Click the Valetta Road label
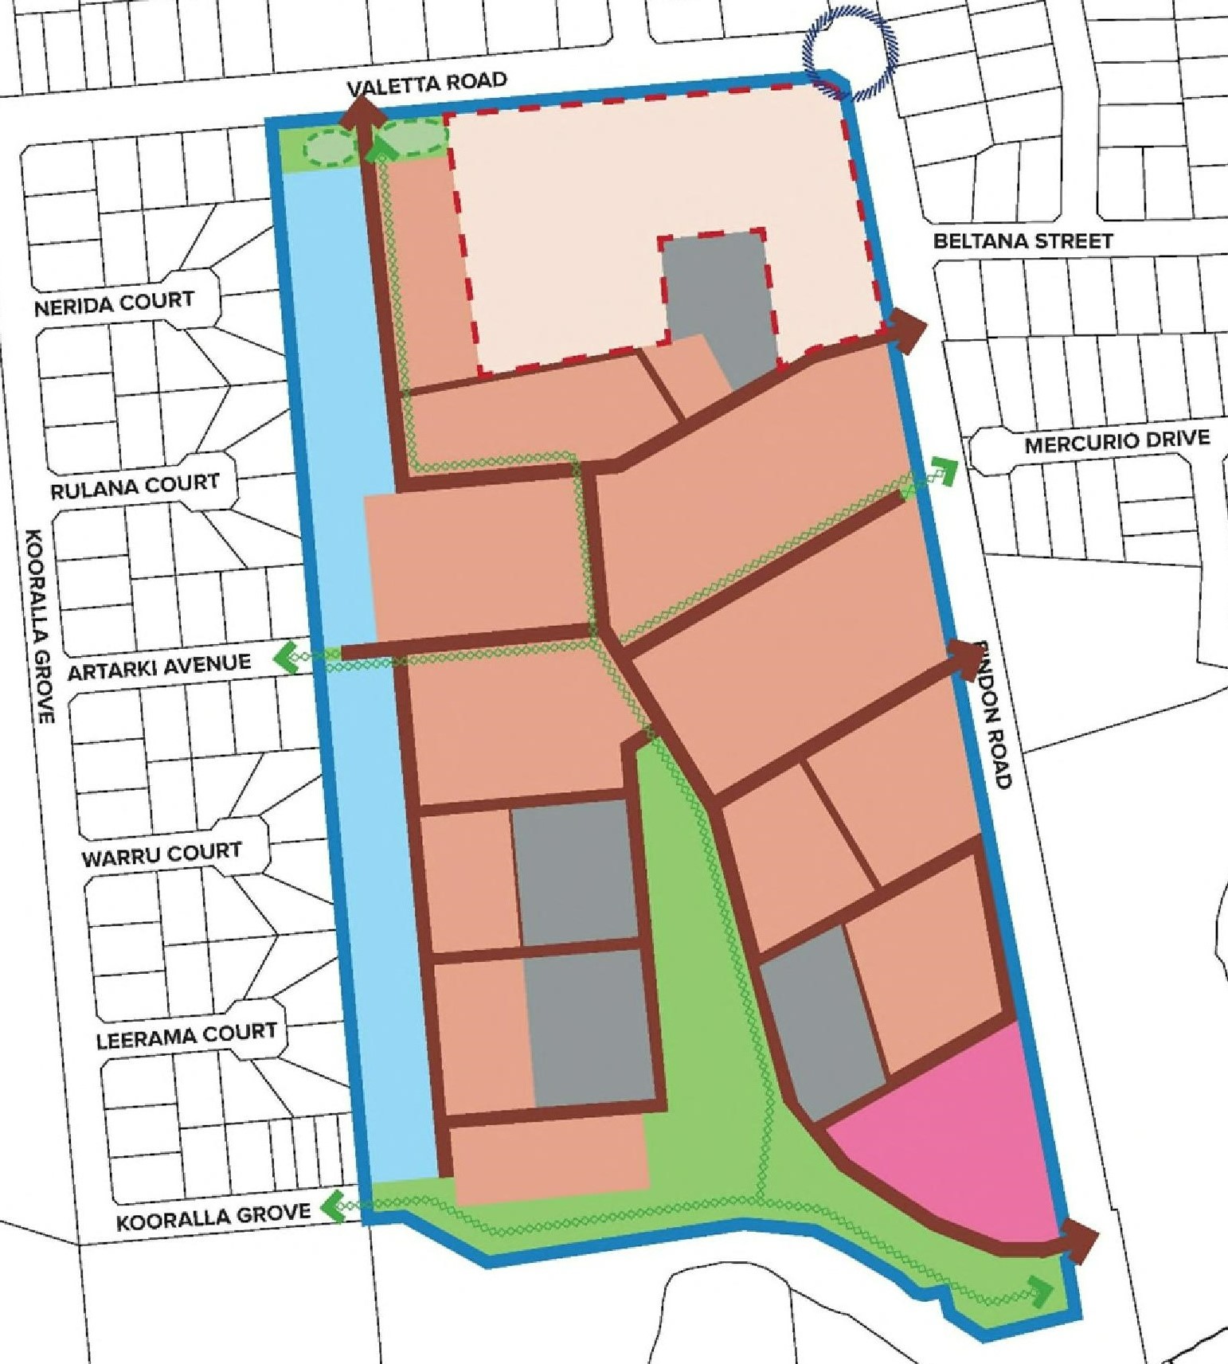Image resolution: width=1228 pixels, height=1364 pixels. pos(427,83)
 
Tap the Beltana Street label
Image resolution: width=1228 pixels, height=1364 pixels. pos(1023,240)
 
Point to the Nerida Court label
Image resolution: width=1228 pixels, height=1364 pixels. pos(114,303)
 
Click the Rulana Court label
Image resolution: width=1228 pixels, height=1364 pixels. pos(135,486)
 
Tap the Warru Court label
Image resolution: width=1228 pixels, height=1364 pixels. pos(161,854)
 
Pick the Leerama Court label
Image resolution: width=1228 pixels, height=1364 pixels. pos(186,1036)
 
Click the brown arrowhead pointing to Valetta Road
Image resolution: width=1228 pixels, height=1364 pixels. pos(362,110)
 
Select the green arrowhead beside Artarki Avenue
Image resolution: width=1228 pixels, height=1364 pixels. pos(285,659)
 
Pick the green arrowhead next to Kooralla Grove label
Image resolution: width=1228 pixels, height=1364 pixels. pos(331,1207)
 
